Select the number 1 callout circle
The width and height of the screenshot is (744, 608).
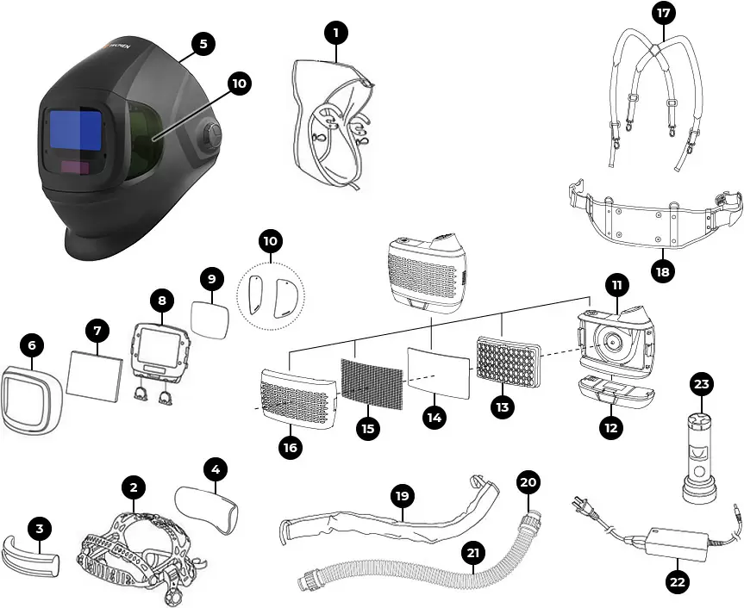(335, 33)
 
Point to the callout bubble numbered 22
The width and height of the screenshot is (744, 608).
(677, 582)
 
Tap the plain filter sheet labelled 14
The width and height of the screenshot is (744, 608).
(440, 372)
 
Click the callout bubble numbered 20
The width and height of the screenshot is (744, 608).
(529, 482)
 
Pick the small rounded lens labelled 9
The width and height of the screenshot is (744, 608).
(209, 318)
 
